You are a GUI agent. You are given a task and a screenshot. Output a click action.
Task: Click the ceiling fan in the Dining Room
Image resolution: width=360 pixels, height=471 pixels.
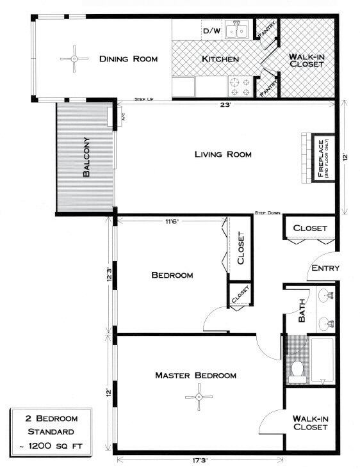(74, 59)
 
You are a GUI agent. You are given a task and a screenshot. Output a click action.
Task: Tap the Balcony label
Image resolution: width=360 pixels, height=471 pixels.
(86, 157)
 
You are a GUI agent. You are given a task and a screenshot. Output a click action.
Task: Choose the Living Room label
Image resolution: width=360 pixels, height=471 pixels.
(223, 154)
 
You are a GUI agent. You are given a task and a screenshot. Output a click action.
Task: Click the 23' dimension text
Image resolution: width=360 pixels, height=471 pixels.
(224, 106)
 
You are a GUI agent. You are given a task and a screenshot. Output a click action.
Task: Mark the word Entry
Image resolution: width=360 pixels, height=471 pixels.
(324, 268)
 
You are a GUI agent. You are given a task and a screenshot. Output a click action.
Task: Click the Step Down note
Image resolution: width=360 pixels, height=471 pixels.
(268, 213)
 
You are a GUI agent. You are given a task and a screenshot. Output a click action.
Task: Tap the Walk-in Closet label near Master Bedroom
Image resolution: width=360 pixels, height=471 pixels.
(311, 424)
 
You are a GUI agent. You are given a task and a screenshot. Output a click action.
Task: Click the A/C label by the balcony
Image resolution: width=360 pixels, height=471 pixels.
(122, 118)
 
